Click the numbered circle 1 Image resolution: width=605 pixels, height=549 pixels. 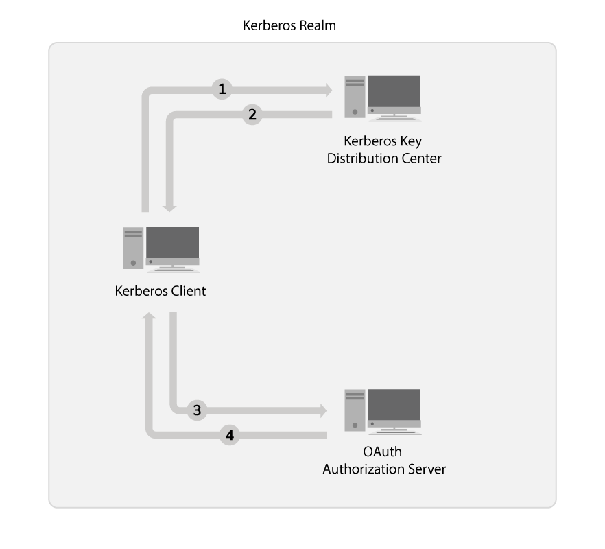[222, 89]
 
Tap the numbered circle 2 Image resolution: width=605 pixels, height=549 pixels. [252, 115]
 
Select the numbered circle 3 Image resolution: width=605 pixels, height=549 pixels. [197, 410]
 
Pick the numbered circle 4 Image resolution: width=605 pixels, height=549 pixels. [230, 435]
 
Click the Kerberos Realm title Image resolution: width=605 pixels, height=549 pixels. [289, 26]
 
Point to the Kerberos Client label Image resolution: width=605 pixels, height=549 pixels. [161, 291]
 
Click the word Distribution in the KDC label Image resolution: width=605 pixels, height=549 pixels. [360, 159]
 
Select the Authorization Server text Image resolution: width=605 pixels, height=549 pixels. [384, 469]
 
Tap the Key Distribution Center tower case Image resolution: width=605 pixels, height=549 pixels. [355, 98]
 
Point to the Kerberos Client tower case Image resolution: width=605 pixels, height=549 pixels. [133, 248]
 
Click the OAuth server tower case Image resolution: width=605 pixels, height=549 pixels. [355, 410]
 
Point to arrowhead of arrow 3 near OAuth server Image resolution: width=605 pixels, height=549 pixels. [322, 410]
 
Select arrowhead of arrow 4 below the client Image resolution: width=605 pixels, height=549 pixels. [148, 317]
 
